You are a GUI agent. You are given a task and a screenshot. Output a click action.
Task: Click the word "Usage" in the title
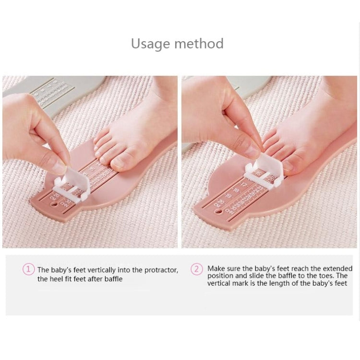151,44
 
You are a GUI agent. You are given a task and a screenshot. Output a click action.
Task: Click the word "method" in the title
199,44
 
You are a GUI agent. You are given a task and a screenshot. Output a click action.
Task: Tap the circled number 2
197,269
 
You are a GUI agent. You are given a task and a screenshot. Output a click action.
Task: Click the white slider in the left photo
70,185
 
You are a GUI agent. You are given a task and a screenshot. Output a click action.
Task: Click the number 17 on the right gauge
243,184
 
